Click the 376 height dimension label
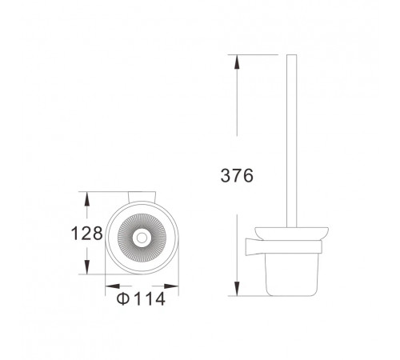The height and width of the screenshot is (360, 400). click(237, 175)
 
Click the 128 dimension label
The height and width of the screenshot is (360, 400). click(87, 233)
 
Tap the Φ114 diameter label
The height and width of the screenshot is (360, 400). click(141, 298)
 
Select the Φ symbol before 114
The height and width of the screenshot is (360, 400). click(123, 298)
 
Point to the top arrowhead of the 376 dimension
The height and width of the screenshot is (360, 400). click(236, 62)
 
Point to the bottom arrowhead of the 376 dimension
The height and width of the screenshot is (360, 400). click(237, 289)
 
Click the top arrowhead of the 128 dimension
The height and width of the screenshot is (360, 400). click(86, 198)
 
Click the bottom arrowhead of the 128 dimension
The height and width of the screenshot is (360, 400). click(86, 267)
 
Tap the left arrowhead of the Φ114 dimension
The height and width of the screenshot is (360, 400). click(113, 286)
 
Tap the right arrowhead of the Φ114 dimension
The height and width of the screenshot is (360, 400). click(171, 286)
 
